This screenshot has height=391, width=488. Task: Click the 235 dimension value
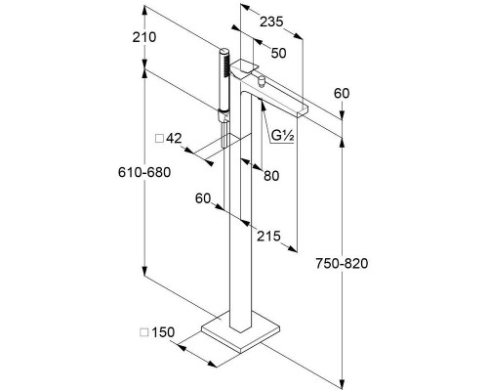click(x=271, y=22)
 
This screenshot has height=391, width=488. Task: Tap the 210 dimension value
click(x=144, y=37)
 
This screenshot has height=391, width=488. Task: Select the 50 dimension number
click(x=278, y=53)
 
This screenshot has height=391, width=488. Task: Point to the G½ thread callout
click(x=283, y=136)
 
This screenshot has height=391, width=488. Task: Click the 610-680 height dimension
click(x=144, y=172)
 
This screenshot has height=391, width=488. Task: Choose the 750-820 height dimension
click(x=342, y=263)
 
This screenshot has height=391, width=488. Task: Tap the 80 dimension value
click(x=271, y=176)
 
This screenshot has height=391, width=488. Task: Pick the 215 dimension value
click(x=268, y=237)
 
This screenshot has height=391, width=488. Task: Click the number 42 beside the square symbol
click(x=174, y=139)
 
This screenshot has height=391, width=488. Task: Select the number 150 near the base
click(x=163, y=332)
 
